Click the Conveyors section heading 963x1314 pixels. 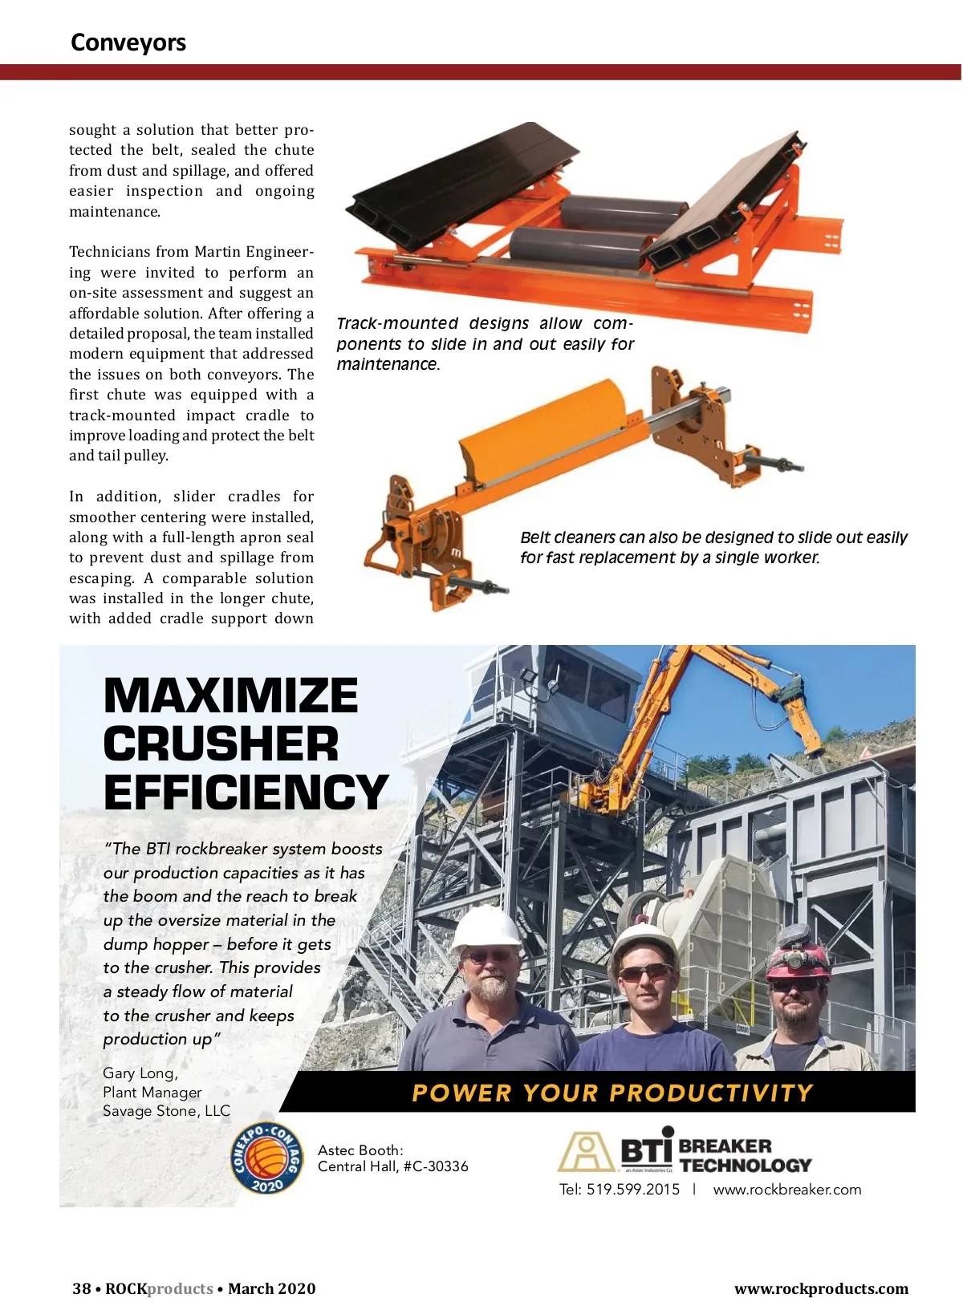point(128,43)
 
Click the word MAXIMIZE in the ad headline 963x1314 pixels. point(231,696)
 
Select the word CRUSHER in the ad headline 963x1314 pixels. point(221,744)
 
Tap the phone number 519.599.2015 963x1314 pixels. point(633,1190)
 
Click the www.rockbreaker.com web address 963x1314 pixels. point(786,1190)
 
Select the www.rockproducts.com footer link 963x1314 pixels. point(821,1288)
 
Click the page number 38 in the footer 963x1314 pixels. point(81,1288)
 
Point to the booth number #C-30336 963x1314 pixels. point(436,1166)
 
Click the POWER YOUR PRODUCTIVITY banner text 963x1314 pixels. point(612,1093)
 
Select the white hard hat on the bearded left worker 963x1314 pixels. point(486,929)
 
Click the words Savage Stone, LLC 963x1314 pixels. point(166,1111)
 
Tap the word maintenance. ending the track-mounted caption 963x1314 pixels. point(388,364)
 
